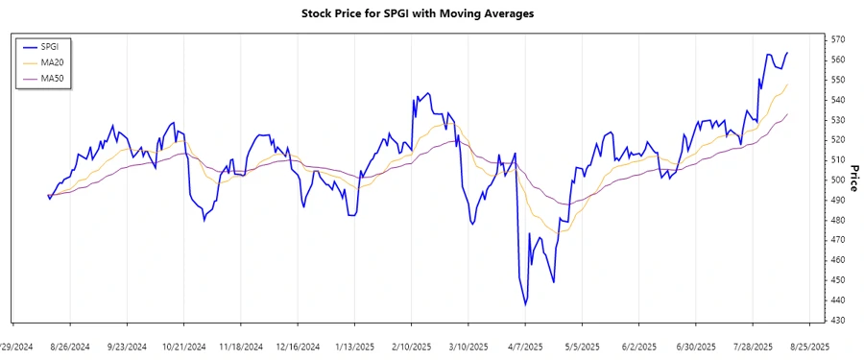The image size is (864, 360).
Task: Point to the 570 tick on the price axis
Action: pyautogui.click(x=839, y=39)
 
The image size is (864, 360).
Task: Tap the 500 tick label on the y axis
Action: pyautogui.click(x=839, y=180)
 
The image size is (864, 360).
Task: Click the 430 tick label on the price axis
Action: pyautogui.click(x=839, y=320)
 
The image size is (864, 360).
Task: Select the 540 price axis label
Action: pyautogui.click(x=839, y=100)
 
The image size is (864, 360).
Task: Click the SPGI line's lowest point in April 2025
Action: pyautogui.click(x=525, y=304)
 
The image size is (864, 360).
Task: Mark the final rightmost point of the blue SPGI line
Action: pyautogui.click(x=788, y=53)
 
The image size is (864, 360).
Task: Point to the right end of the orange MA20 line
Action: pyautogui.click(x=788, y=84)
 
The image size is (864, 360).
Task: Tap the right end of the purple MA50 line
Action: pyautogui.click(x=788, y=114)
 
